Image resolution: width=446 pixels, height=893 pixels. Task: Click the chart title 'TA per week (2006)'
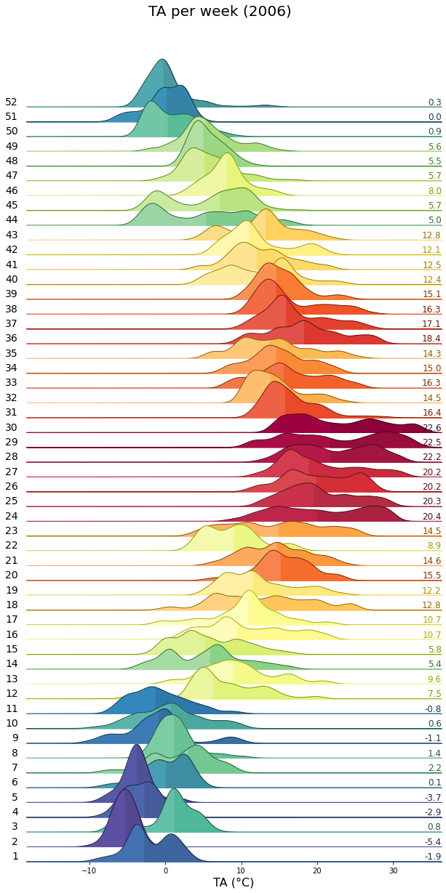point(220,12)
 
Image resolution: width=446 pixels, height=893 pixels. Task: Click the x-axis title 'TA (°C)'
point(233,882)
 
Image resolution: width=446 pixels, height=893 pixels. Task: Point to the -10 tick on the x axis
point(89,870)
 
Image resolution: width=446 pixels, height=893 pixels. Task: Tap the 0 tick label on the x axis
point(165,870)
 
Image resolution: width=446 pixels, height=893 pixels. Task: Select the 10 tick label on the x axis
point(241,870)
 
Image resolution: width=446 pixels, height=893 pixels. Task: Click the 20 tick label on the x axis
point(317,870)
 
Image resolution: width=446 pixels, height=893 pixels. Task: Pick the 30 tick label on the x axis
point(393,870)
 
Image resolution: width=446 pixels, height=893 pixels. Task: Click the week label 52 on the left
point(11,102)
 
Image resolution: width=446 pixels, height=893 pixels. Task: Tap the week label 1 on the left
point(15,856)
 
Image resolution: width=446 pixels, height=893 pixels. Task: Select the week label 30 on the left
point(11,427)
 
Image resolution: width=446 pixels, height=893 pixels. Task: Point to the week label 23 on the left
point(11,531)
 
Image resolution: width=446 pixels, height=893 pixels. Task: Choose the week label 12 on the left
point(11,693)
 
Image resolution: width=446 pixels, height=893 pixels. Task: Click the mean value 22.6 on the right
point(432,428)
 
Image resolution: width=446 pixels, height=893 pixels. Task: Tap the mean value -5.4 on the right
point(433,842)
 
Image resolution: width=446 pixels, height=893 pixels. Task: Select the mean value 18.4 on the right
point(432,339)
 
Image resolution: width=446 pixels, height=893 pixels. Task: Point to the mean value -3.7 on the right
point(433,798)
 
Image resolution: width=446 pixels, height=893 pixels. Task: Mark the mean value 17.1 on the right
point(432,324)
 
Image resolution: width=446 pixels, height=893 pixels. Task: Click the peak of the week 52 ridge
point(162,60)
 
